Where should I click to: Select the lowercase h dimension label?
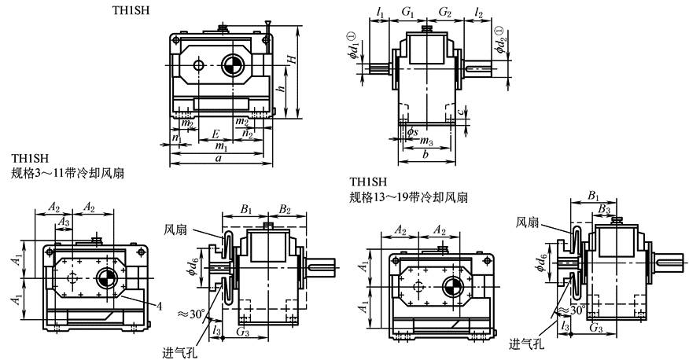281,90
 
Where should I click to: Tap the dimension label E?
216,134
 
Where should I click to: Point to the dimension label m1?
223,146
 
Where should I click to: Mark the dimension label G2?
444,13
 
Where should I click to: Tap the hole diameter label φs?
412,130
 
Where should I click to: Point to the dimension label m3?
426,141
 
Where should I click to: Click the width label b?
425,156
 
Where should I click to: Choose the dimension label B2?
285,211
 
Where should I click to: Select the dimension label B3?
603,208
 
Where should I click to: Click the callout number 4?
157,306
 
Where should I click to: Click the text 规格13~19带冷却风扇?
409,196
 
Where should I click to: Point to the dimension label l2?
481,13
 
